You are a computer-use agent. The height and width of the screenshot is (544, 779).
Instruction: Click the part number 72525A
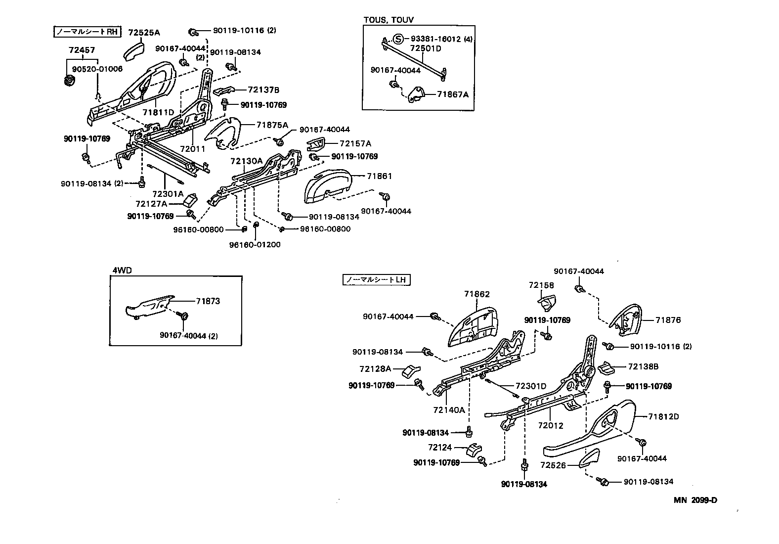click(144, 33)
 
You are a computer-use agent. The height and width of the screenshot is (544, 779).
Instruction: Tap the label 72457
click(82, 50)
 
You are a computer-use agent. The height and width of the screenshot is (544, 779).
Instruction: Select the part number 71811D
click(158, 112)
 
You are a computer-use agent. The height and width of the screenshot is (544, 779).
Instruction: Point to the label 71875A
click(272, 125)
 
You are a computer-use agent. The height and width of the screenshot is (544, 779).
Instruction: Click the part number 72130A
click(246, 161)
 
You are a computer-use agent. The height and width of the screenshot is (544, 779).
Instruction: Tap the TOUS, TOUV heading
click(389, 20)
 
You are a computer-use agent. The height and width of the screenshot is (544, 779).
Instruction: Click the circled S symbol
click(399, 39)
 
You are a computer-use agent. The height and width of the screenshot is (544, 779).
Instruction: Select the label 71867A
click(452, 94)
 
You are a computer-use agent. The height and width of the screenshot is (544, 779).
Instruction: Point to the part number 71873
click(208, 301)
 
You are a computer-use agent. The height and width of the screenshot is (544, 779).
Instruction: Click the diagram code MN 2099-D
click(695, 500)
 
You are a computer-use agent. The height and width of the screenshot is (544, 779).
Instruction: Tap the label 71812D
click(663, 416)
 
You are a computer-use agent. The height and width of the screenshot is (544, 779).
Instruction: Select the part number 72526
click(552, 465)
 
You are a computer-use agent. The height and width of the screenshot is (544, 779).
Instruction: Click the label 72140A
click(449, 409)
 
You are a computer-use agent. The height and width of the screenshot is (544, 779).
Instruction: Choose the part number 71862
click(476, 294)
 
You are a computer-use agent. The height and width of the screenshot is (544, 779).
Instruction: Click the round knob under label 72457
click(69, 81)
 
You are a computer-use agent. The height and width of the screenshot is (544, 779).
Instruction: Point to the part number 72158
click(541, 285)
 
